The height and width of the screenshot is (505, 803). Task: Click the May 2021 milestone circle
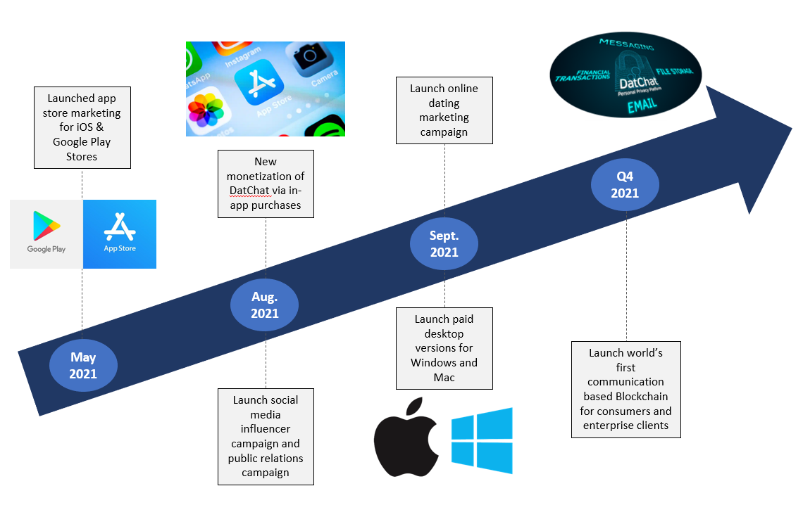pyautogui.click(x=84, y=366)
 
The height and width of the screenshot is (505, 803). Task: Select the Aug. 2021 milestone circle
pyautogui.click(x=264, y=305)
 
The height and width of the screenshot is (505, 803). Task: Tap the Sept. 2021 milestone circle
pyautogui.click(x=444, y=244)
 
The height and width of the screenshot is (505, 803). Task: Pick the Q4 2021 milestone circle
pyautogui.click(x=625, y=184)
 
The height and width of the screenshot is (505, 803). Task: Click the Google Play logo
pyautogui.click(x=46, y=234)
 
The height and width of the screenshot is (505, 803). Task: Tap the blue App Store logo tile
pyautogui.click(x=120, y=234)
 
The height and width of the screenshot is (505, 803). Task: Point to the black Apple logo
pyautogui.click(x=406, y=437)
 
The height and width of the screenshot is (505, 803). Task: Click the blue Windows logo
pyautogui.click(x=482, y=440)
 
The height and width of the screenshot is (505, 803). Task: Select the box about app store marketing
pyautogui.click(x=82, y=127)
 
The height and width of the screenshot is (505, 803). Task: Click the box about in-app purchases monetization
pyautogui.click(x=266, y=184)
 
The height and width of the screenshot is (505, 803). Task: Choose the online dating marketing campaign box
pyautogui.click(x=444, y=110)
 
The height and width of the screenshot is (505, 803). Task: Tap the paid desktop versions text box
pyautogui.click(x=444, y=349)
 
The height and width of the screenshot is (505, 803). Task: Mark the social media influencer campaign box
pyautogui.click(x=266, y=437)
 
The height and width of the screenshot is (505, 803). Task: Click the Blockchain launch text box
pyautogui.click(x=625, y=390)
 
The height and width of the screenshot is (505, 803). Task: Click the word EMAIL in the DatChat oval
pyautogui.click(x=642, y=106)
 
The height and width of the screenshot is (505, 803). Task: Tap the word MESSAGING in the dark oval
pyautogui.click(x=627, y=44)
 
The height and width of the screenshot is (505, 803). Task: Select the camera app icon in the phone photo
pyautogui.click(x=311, y=57)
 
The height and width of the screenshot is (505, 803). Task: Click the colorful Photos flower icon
pyautogui.click(x=206, y=110)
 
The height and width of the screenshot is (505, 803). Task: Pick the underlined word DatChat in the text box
pyautogui.click(x=249, y=191)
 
